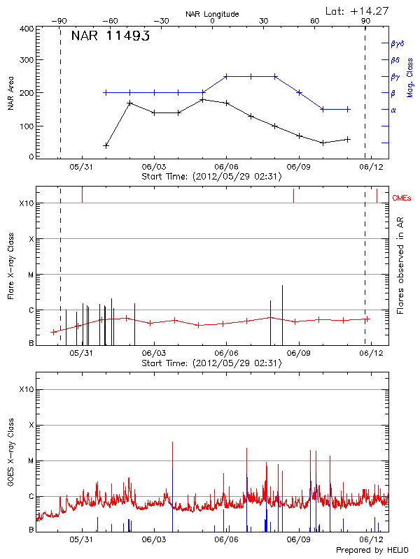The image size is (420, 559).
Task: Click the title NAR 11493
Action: tap(111, 36)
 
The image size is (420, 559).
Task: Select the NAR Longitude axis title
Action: tap(212, 13)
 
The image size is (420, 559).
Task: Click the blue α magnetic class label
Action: tap(393, 110)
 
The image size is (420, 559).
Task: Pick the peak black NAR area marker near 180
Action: tap(202, 99)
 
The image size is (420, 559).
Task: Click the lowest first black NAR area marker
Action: tap(106, 145)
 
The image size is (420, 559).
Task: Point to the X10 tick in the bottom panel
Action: tap(27, 389)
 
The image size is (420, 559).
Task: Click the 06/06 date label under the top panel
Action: tap(226, 167)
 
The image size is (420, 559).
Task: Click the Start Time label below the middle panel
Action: tap(211, 363)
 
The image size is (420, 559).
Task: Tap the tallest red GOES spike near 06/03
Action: tap(172, 442)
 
